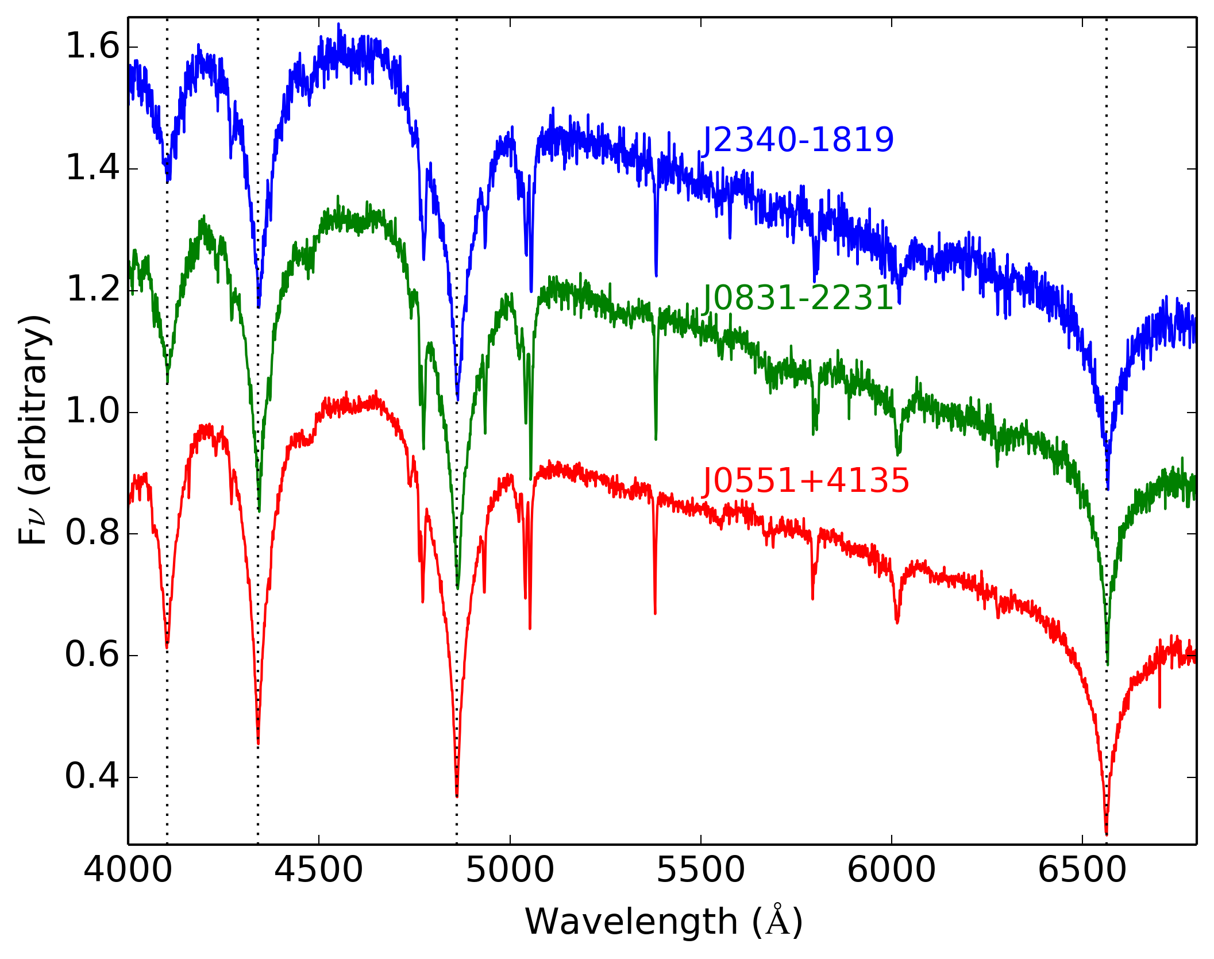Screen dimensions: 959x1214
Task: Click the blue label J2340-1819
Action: (798, 140)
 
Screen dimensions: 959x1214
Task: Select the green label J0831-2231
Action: (798, 298)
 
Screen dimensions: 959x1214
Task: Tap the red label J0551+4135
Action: (806, 480)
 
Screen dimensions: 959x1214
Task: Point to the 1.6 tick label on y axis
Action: (93, 47)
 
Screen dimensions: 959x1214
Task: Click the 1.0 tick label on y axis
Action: (93, 412)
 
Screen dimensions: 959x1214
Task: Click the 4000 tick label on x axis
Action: (128, 870)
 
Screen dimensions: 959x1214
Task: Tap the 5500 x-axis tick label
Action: (700, 870)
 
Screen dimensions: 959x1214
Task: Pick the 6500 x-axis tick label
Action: (1082, 870)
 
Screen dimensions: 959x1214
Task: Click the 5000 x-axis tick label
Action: (510, 870)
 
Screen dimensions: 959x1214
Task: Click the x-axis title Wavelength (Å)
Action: (664, 922)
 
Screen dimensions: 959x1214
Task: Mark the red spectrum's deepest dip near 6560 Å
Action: (1107, 833)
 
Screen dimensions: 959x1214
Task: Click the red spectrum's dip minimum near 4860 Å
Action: (457, 795)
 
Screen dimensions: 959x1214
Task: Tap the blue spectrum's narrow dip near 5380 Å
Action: (656, 275)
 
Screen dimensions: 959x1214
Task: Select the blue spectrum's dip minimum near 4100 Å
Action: (168, 180)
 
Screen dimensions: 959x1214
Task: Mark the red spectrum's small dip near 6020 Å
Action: (897, 622)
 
